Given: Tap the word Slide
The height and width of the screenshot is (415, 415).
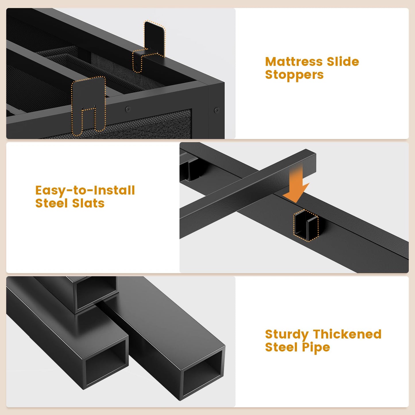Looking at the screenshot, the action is click(343, 61).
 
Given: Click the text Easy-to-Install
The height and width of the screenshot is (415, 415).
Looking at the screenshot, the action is click(85, 191).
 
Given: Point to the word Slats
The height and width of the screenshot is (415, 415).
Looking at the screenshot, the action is click(88, 203).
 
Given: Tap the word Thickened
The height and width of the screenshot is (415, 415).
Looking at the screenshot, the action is click(347, 334).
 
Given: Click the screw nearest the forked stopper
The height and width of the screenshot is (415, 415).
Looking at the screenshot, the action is click(128, 109).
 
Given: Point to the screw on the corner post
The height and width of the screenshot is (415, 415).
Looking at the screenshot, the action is click(217, 110).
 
